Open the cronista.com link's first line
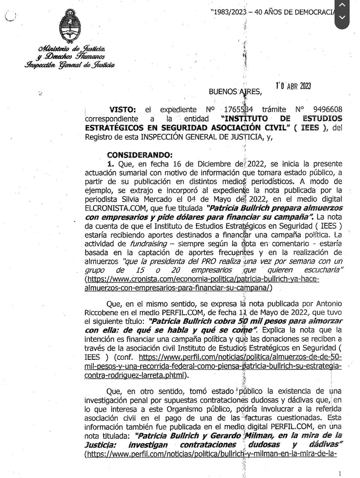pyautogui.click(x=202, y=279)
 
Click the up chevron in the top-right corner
pyautogui.click(x=342, y=5)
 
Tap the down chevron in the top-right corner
pyautogui.click(x=342, y=17)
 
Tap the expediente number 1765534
pyautogui.click(x=238, y=110)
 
